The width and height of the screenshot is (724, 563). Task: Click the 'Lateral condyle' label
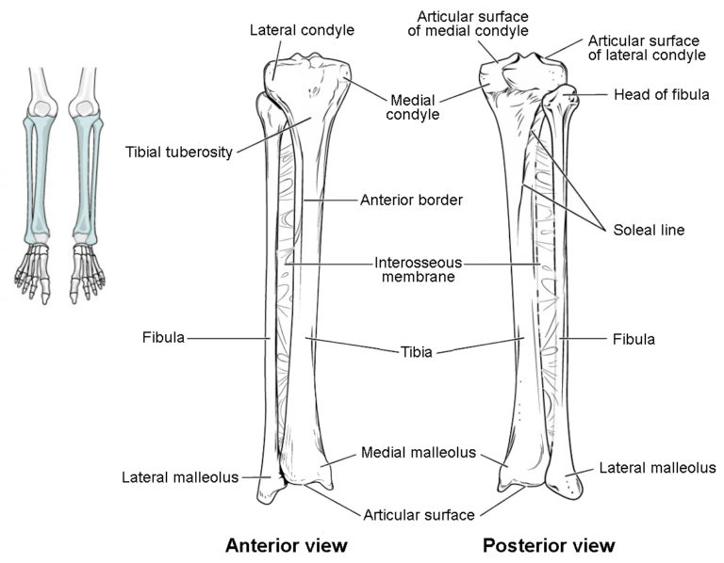(301, 30)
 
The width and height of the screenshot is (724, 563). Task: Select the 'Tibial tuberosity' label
(178, 152)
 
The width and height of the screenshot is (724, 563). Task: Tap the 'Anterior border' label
(411, 200)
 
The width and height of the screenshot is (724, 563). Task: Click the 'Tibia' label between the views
(415, 353)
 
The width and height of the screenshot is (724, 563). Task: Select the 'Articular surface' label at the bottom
(419, 514)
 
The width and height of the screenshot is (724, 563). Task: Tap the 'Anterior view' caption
(287, 545)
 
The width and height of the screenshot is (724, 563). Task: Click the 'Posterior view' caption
(549, 545)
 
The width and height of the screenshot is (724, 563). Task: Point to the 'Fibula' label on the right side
(633, 338)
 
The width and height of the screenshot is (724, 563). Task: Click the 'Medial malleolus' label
(418, 453)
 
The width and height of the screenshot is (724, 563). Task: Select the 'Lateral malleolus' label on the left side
(180, 476)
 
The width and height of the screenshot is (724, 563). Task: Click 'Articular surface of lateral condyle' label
(647, 48)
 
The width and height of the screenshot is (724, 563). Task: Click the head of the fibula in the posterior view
(568, 97)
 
